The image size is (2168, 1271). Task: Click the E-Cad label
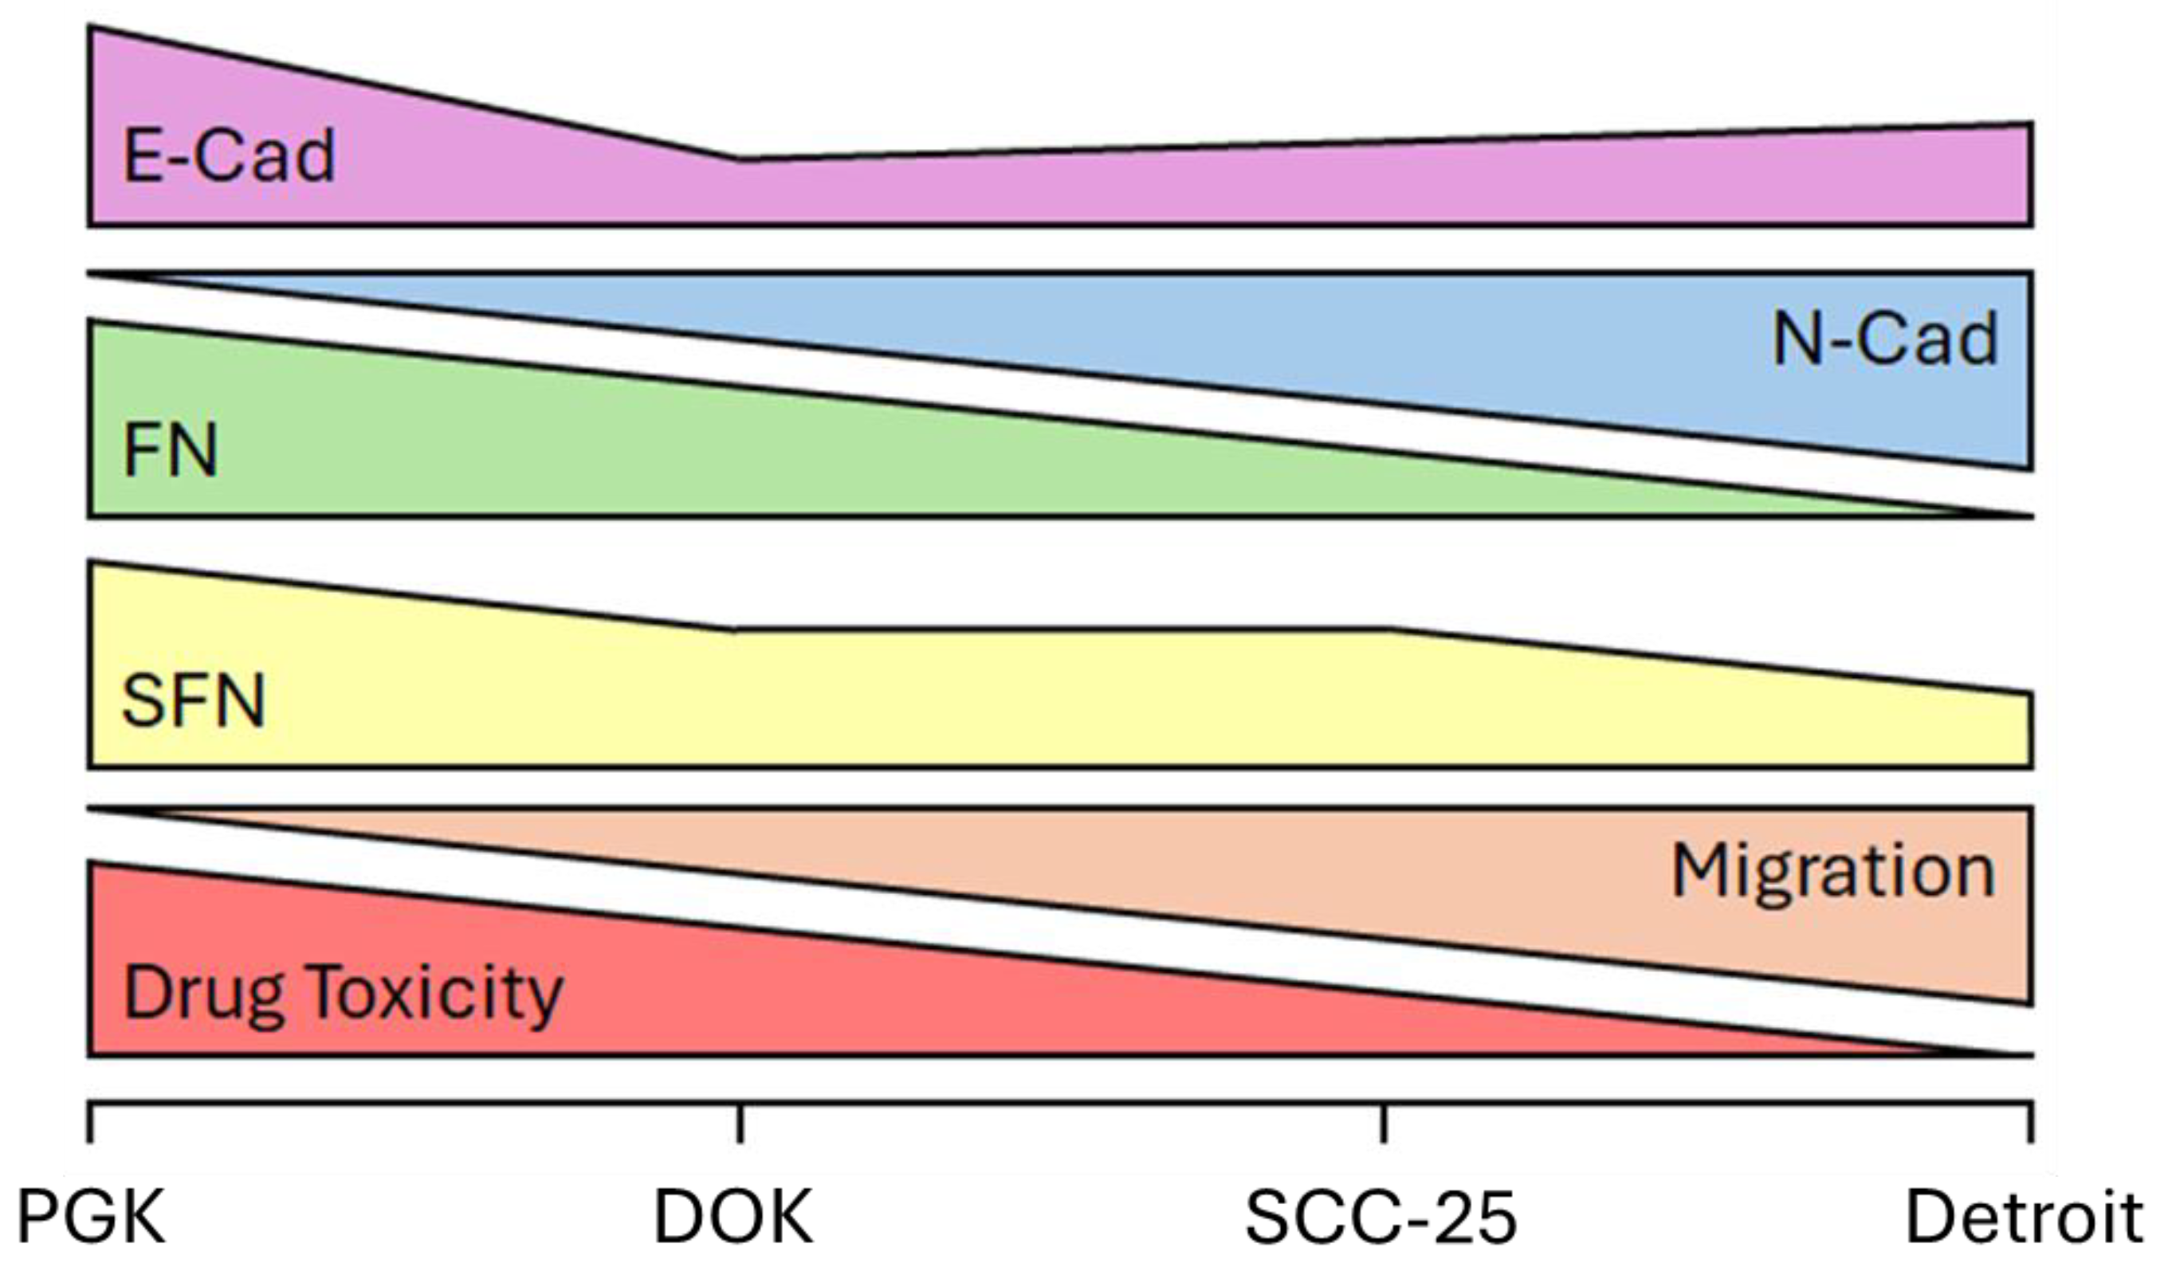229,155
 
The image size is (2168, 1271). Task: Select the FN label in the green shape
171,449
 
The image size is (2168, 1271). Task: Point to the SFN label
194,701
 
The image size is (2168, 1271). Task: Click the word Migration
1832,873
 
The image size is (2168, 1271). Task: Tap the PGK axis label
91,1218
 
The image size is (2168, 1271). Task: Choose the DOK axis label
733,1218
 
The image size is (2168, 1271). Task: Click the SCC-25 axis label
1380,1218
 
